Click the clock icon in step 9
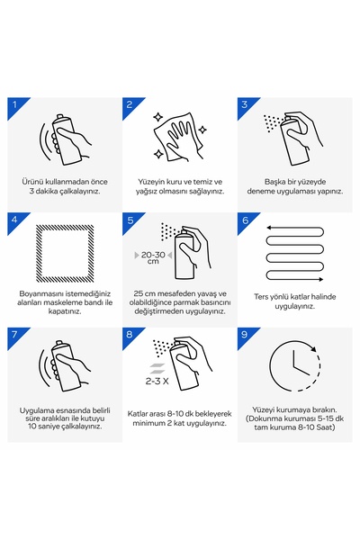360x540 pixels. [x=294, y=365]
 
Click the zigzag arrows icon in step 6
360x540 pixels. [x=295, y=254]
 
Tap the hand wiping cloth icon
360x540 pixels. [x=180, y=137]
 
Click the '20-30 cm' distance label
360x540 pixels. [x=153, y=257]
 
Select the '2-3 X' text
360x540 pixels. [x=157, y=382]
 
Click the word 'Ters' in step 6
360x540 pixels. [x=261, y=297]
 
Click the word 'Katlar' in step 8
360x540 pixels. [x=138, y=414]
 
